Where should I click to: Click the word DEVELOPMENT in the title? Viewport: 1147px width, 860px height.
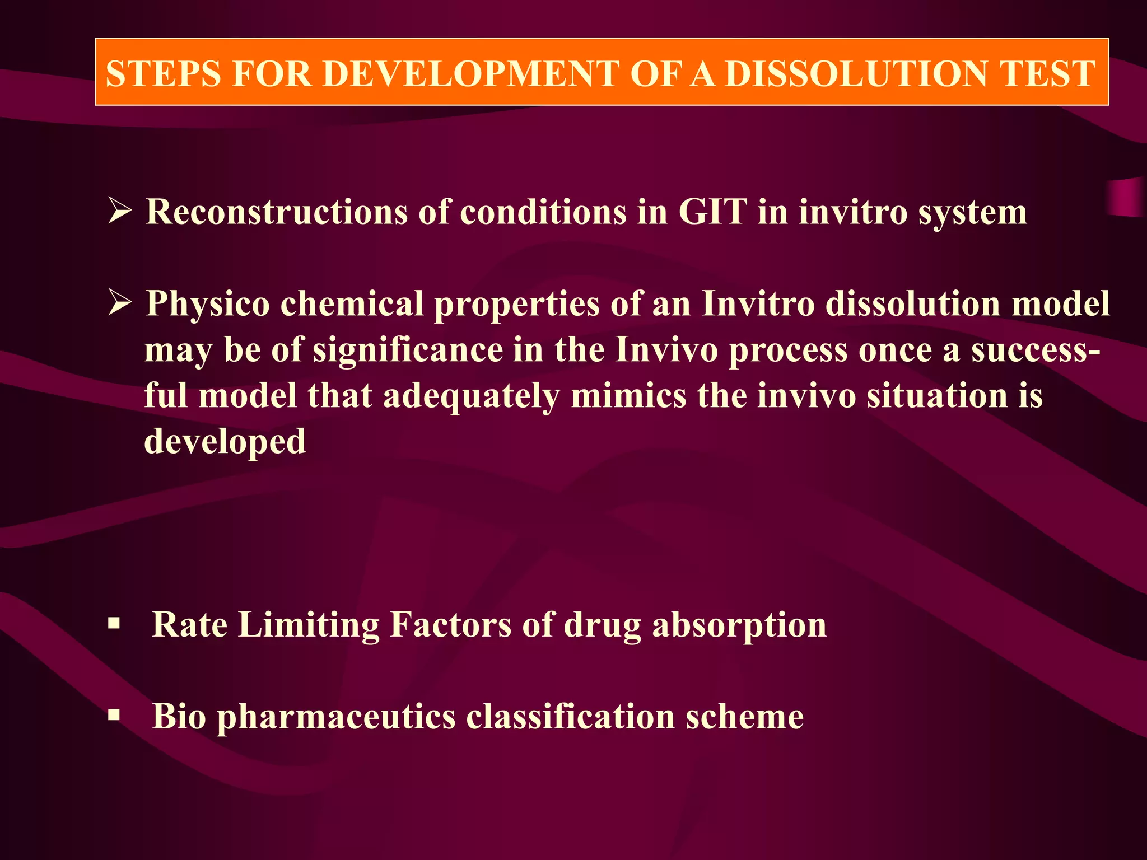470,73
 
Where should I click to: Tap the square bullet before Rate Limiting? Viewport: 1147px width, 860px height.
114,623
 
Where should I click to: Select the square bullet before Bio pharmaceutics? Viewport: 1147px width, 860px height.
114,715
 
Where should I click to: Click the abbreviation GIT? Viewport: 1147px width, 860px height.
713,212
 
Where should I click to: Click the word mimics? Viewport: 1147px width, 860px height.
628,396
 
